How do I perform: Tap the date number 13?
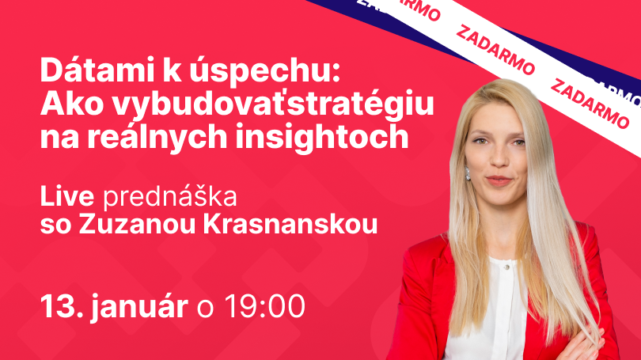pyautogui.click(x=58, y=305)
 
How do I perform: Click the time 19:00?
pyautogui.click(x=264, y=305)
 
